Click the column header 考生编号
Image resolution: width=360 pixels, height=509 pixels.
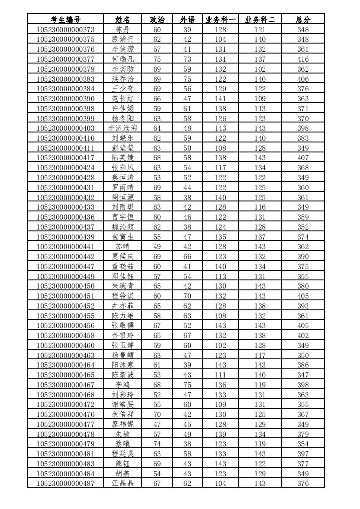click(x=65, y=20)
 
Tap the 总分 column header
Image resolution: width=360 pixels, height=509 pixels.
click(x=303, y=20)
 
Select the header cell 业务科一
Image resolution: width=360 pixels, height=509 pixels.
click(x=221, y=20)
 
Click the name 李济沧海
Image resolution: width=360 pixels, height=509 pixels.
click(x=123, y=128)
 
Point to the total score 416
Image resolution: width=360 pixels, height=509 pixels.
click(x=303, y=59)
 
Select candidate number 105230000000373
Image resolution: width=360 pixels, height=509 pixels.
click(x=65, y=29)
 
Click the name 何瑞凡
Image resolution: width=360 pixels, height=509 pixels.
click(x=123, y=59)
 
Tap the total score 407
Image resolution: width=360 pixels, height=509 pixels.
click(x=303, y=158)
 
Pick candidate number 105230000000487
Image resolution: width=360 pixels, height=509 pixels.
click(x=65, y=483)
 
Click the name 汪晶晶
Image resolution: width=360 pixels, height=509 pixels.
click(x=123, y=483)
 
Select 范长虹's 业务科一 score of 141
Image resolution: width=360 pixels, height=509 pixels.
click(x=221, y=98)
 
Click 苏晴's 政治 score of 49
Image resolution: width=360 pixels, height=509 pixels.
click(x=157, y=246)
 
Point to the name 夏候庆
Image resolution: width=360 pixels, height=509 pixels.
click(x=123, y=256)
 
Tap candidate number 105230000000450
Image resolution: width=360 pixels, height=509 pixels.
click(x=65, y=286)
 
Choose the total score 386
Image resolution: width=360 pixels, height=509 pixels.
click(x=303, y=365)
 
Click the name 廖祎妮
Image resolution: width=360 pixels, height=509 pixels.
click(x=123, y=424)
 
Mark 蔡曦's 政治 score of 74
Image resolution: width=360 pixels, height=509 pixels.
click(x=157, y=444)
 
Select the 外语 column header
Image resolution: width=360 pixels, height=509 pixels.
click(x=187, y=20)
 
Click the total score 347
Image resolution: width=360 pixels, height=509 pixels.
click(x=303, y=375)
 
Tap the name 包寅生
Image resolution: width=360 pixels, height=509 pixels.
click(x=123, y=237)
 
